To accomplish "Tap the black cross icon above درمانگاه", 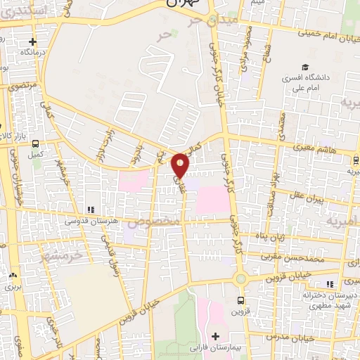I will click(x=32, y=41).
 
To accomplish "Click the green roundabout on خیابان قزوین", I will click(x=241, y=279).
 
